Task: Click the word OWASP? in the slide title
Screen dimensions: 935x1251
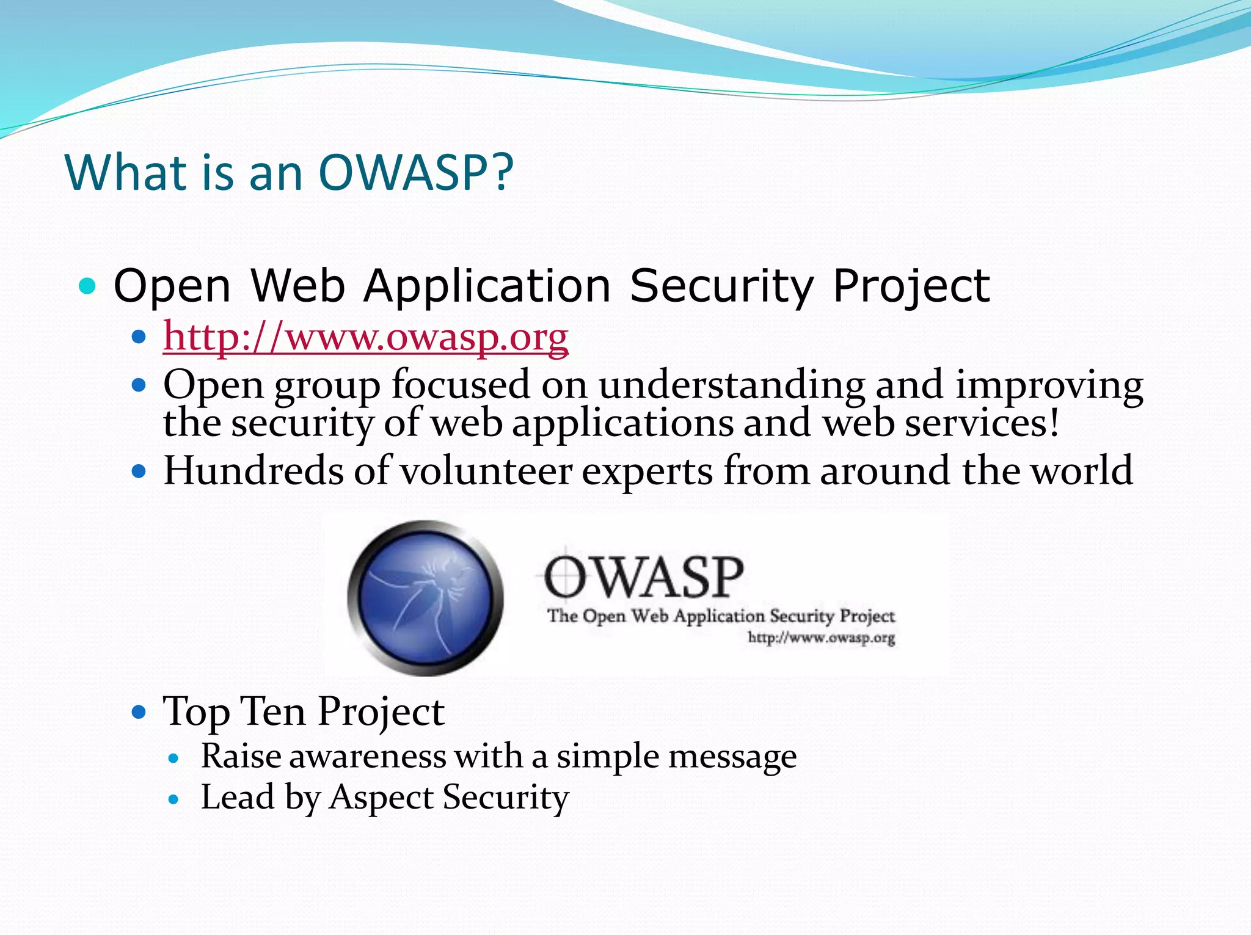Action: click(x=416, y=173)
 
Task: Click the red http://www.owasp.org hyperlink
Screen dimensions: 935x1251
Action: click(x=365, y=337)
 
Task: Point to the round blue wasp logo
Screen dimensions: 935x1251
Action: click(x=426, y=597)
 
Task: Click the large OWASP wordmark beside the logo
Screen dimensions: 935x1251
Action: click(x=643, y=577)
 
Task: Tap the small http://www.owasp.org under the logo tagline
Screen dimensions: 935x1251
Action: click(x=821, y=638)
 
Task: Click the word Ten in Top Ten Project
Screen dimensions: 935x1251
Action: click(x=273, y=711)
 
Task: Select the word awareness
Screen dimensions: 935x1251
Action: click(x=367, y=757)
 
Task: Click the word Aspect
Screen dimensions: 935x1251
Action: click(x=380, y=798)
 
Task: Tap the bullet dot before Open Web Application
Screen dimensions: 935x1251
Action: click(x=88, y=286)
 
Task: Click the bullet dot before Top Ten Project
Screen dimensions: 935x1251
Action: click(x=140, y=712)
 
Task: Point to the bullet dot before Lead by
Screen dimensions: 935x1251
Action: click(x=174, y=799)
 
